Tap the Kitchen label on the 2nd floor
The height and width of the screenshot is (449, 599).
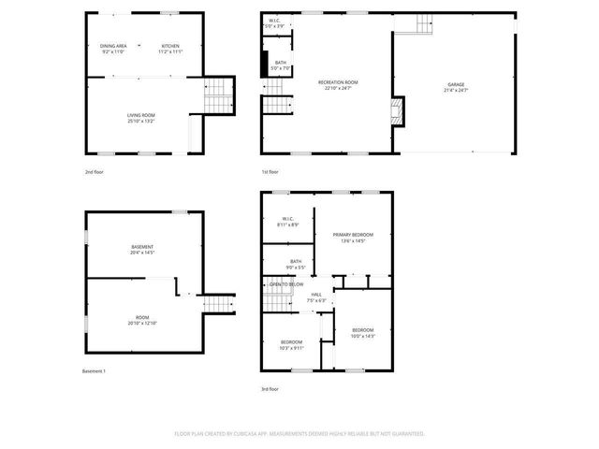pos(170,46)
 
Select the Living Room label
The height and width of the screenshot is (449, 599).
pos(141,115)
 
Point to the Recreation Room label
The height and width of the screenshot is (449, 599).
pos(338,82)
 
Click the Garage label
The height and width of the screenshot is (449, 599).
pos(455,84)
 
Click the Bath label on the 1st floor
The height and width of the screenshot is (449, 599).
pos(281,63)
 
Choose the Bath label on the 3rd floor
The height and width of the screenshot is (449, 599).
pos(296,261)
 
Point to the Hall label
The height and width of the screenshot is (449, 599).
pos(317,295)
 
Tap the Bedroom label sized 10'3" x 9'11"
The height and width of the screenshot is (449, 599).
pos(291,342)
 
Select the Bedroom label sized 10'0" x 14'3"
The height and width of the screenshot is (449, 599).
pos(362,330)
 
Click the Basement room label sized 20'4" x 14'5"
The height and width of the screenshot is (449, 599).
pos(142,247)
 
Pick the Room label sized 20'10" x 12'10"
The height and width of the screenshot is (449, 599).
pos(142,318)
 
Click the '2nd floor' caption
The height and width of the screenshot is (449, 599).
pos(95,172)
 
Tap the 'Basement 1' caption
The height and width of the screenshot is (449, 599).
pos(95,371)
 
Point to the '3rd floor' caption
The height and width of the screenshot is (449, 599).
pos(270,389)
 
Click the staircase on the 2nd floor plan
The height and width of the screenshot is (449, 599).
pos(217,94)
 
